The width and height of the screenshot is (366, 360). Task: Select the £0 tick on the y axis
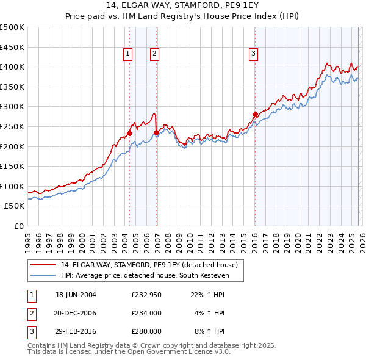(x=18, y=226)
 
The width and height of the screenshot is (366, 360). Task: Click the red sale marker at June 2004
(x=129, y=133)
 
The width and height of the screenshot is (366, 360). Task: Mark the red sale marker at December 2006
(x=156, y=132)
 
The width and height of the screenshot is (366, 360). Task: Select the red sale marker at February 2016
(x=254, y=114)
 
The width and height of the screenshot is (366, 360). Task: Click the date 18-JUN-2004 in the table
(x=76, y=294)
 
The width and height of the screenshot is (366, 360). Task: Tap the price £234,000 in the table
(x=146, y=313)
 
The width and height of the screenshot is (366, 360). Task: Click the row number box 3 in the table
(x=31, y=332)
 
